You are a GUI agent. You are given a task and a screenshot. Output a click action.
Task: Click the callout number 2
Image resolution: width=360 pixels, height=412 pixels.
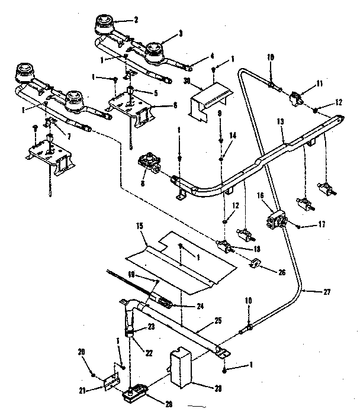point(136,20)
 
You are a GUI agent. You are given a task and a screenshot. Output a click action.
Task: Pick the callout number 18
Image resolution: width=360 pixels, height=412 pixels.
point(256,249)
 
